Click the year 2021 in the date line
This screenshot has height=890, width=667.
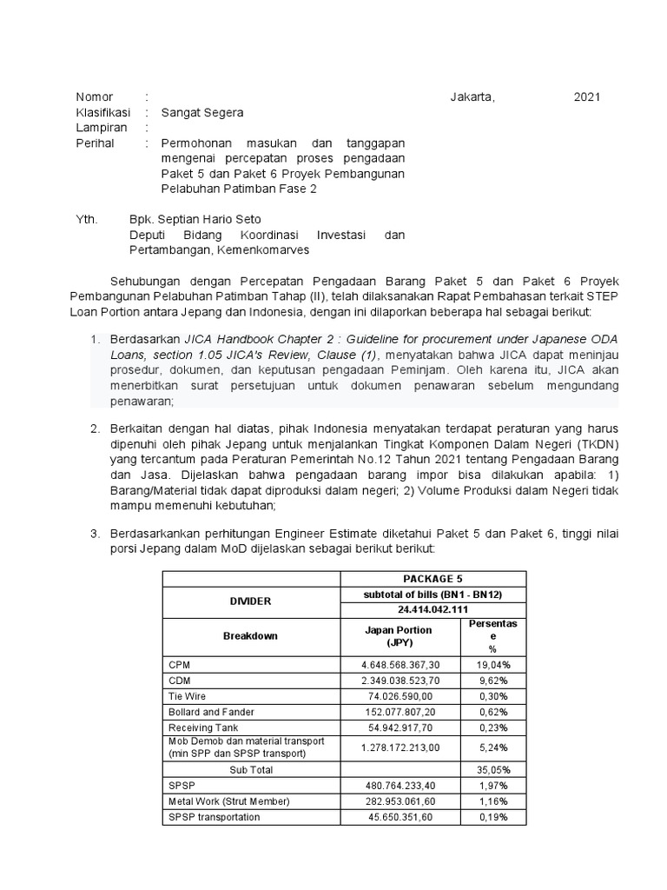(x=587, y=96)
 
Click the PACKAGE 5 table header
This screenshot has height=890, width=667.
(x=433, y=578)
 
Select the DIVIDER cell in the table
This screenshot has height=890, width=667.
(x=250, y=601)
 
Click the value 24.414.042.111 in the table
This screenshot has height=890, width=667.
(x=433, y=609)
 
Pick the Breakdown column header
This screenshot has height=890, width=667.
(x=250, y=636)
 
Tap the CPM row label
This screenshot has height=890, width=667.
(x=179, y=665)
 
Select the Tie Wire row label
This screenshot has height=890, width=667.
(x=186, y=696)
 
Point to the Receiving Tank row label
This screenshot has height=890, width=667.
(x=197, y=727)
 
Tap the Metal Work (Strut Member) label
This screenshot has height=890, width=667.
(x=228, y=801)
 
